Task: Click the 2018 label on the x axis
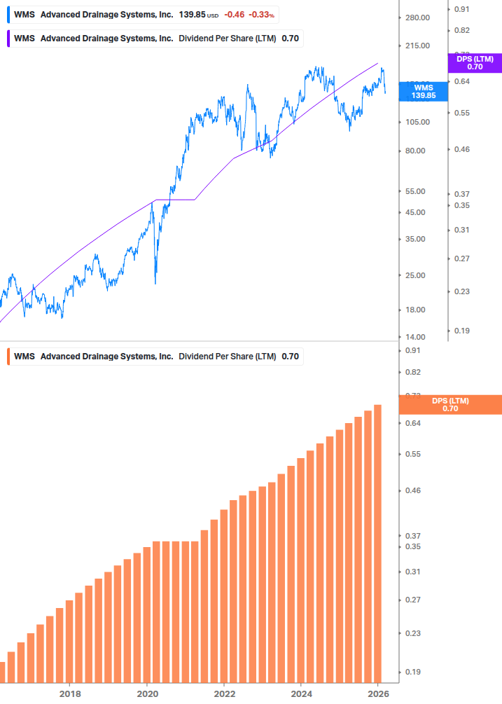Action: [69, 693]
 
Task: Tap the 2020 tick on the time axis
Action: [147, 693]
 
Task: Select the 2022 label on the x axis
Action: [224, 693]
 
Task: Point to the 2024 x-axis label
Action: [301, 693]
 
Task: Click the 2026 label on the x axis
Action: [378, 693]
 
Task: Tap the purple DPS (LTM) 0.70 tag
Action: [474, 63]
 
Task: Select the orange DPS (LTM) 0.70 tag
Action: [449, 404]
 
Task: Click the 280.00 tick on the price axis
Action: [417, 18]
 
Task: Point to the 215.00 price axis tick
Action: [417, 46]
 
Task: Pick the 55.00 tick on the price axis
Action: [417, 191]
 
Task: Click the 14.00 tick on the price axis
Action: [417, 337]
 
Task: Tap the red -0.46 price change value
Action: [235, 15]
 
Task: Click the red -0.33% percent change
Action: [262, 15]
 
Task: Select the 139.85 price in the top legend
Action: [190, 15]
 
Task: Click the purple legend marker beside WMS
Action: [8, 39]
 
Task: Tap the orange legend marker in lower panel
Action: [8, 357]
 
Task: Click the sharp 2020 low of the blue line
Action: [155, 282]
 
